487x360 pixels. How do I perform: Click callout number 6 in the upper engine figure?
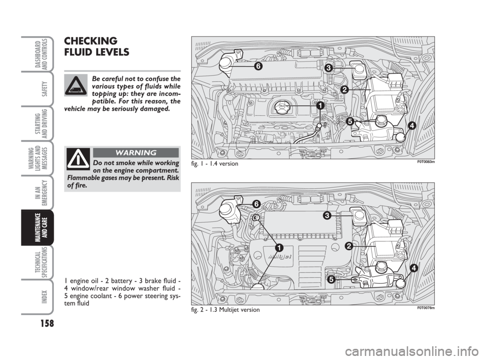(258, 67)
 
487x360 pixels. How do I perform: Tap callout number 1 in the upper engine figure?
(321, 106)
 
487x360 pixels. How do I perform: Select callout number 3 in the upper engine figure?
(329, 67)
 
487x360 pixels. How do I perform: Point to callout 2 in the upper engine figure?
(344, 89)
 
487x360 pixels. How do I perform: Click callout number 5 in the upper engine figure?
(350, 121)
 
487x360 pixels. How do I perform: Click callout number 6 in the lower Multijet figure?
(257, 203)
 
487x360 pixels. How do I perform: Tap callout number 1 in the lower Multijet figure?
(279, 247)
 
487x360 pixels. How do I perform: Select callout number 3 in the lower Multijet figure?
(328, 215)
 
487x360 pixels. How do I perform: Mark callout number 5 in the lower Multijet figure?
(331, 279)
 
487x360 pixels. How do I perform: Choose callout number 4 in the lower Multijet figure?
(414, 268)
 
